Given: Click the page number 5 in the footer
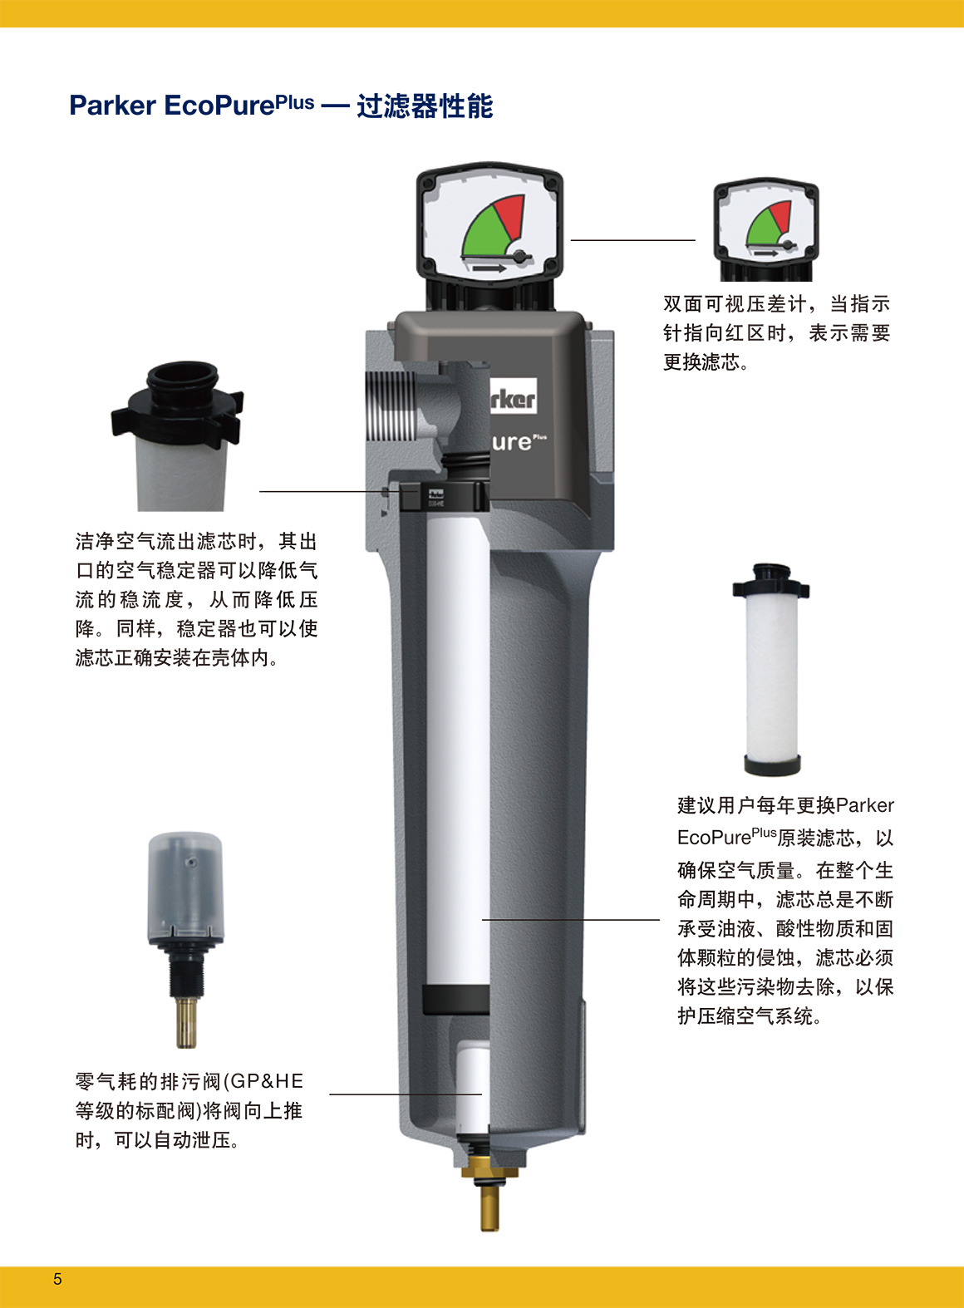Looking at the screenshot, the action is [57, 1279].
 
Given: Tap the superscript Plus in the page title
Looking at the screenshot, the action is [295, 102].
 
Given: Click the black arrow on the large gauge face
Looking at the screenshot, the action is [489, 268].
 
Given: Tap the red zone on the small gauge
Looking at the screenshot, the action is [781, 215].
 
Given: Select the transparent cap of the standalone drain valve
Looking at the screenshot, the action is [186, 887].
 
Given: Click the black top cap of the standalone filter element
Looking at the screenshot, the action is [770, 580].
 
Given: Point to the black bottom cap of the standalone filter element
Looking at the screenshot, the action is [772, 765].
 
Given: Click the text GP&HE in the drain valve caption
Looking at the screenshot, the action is [267, 1081].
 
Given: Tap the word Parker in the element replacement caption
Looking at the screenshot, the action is [865, 806].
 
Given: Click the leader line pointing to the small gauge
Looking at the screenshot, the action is [633, 240].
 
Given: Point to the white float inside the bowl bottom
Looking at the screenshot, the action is [473, 1087].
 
